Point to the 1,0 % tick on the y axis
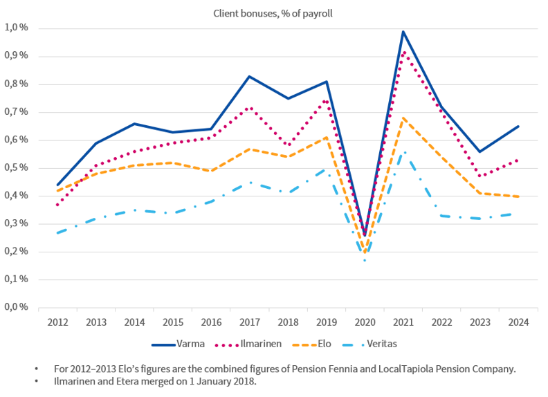click(17, 28)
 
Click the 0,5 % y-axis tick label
click(17, 168)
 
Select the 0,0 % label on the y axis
click(17, 307)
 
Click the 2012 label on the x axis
click(57, 322)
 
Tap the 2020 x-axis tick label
click(365, 322)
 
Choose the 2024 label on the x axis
click(518, 322)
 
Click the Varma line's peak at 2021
click(403, 31)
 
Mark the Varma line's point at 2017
click(249, 76)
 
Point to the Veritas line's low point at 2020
click(365, 260)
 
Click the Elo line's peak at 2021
click(403, 118)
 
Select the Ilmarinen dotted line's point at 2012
click(57, 204)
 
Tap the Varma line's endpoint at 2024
click(518, 127)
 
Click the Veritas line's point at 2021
click(403, 151)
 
